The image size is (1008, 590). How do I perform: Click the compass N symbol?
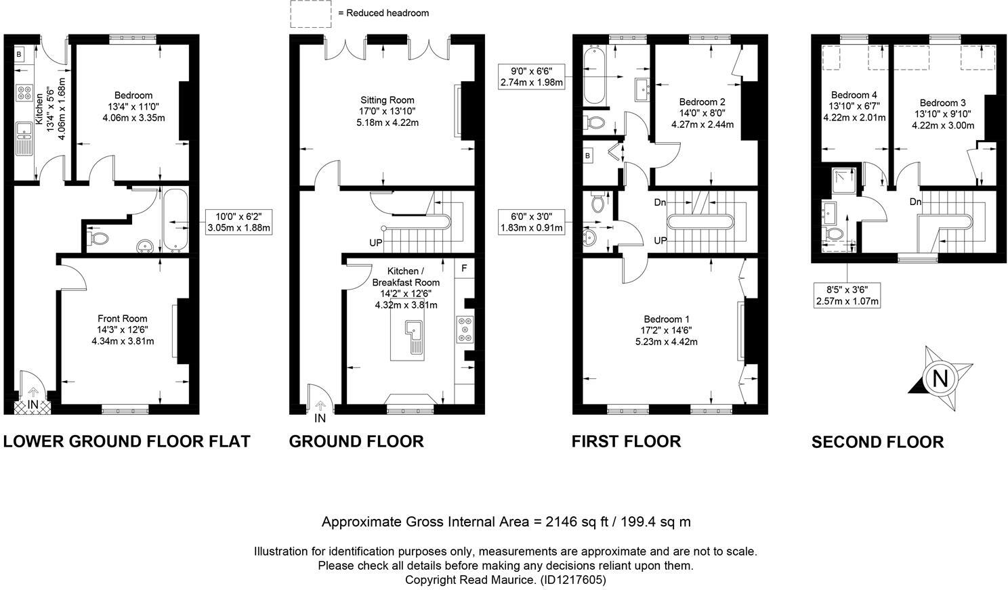click(x=940, y=378)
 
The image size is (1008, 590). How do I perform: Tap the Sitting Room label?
click(x=387, y=99)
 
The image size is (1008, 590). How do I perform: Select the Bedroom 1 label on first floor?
click(x=667, y=319)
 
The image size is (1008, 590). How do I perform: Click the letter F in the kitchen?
click(x=464, y=268)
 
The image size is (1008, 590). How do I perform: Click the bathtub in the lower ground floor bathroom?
click(x=175, y=220)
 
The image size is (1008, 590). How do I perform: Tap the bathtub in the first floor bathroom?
click(x=595, y=76)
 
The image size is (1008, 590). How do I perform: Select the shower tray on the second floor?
click(x=844, y=180)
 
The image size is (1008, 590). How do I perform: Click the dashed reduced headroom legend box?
click(x=310, y=14)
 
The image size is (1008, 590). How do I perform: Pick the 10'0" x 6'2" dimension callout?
click(x=238, y=222)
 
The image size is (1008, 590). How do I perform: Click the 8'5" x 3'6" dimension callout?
click(x=847, y=295)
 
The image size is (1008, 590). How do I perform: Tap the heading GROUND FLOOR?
click(x=356, y=441)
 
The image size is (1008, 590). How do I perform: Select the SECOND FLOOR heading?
click(x=877, y=442)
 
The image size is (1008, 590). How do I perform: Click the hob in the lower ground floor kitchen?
click(x=24, y=93)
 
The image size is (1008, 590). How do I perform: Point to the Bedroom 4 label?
click(x=854, y=95)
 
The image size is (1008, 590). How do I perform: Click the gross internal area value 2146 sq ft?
click(x=577, y=522)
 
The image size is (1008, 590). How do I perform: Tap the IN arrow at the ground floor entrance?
click(x=320, y=406)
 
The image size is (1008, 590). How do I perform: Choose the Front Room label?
click(x=123, y=319)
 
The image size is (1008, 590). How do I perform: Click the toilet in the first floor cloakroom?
click(x=598, y=203)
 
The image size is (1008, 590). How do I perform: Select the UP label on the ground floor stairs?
click(x=376, y=243)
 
